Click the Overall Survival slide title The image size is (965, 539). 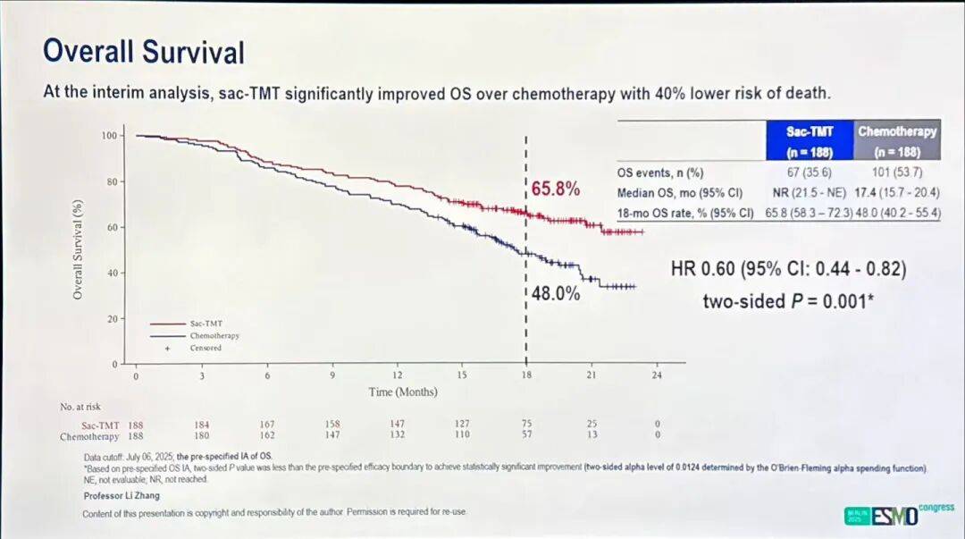144,52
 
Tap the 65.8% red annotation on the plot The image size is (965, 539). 556,189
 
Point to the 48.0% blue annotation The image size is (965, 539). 556,293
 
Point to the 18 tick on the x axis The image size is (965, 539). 526,375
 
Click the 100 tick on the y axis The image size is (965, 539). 110,136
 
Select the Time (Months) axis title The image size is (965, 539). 399,392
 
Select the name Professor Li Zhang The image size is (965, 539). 122,495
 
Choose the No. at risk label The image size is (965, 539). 79,407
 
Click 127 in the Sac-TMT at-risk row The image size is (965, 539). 462,424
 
